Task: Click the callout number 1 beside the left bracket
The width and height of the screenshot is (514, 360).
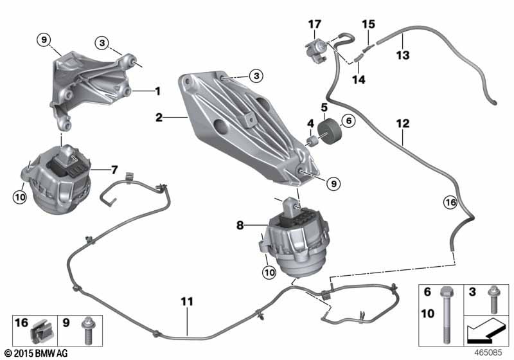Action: coord(157,92)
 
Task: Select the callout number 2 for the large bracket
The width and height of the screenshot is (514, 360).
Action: coord(158,118)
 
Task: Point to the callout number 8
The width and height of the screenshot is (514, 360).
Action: coord(240,226)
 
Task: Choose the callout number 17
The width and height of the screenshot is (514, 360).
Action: coord(314,24)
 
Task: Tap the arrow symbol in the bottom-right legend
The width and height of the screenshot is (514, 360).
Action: coord(487,333)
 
